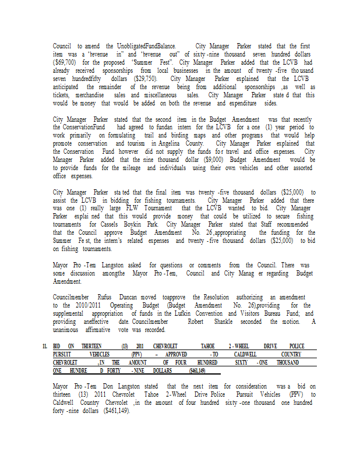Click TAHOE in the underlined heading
[209, 346]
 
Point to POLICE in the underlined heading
[297, 346]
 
